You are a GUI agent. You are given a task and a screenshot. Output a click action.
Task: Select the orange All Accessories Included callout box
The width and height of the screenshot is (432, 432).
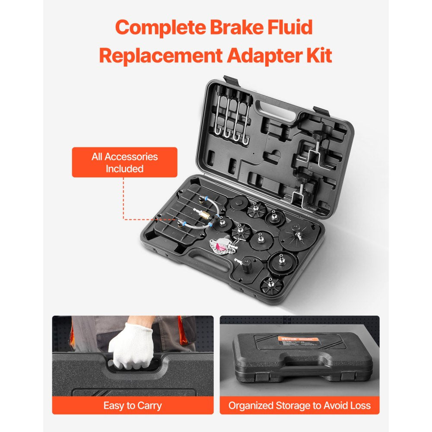point(124,162)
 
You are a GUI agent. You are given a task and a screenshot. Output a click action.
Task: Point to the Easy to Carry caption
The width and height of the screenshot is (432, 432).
point(133,406)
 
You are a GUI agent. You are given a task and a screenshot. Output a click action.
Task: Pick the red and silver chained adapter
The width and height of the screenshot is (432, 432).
point(222,247)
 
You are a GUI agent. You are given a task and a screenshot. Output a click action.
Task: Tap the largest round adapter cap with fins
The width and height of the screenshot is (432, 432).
point(296,236)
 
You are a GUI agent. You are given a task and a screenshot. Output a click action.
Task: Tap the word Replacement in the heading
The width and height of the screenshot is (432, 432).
point(158,56)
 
